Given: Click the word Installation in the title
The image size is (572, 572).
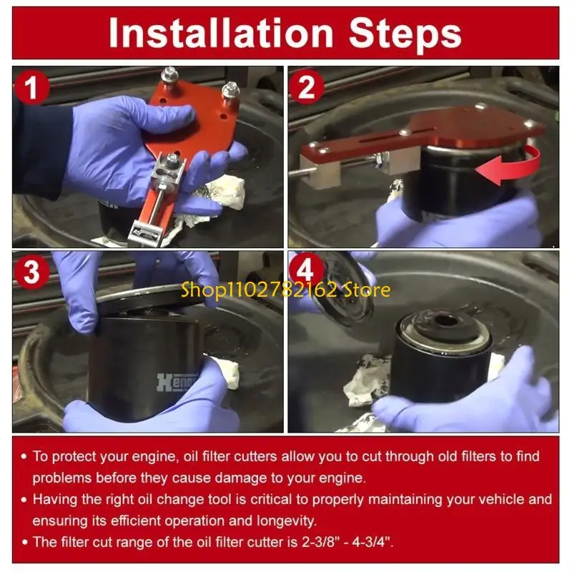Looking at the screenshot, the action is click(221, 34).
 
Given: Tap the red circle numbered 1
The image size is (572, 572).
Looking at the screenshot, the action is click(31, 87).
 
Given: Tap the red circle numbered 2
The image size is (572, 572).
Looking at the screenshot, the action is click(307, 87).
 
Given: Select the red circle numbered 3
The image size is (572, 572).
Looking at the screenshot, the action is click(31, 272).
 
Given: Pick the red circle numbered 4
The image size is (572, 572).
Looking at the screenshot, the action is click(306, 270).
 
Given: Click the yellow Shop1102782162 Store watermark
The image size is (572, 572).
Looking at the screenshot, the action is click(285, 290).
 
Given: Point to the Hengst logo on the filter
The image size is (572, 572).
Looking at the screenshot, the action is click(177, 382).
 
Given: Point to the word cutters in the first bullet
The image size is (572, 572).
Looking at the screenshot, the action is click(256, 457).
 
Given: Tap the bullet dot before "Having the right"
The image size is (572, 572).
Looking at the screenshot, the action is click(24, 500).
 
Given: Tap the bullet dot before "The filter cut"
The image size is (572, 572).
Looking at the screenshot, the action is click(24, 543).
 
